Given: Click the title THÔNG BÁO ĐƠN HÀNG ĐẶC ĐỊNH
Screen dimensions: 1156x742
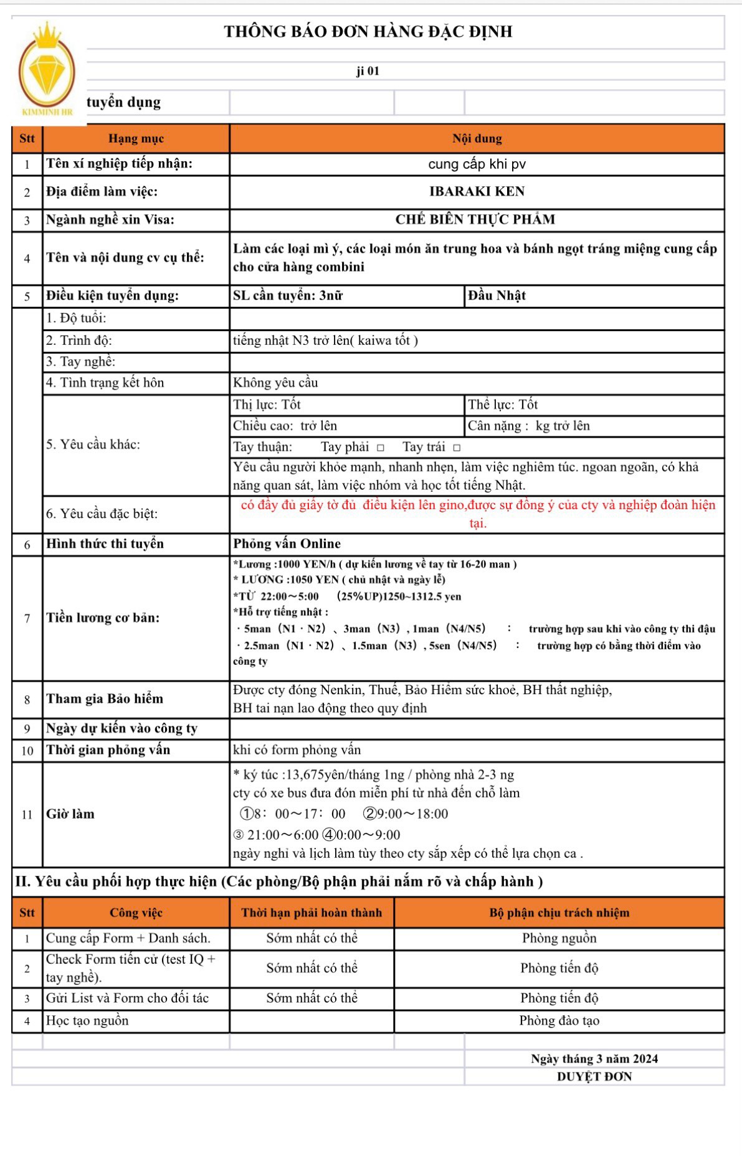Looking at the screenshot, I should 368,32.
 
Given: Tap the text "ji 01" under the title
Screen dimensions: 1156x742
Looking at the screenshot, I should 368,71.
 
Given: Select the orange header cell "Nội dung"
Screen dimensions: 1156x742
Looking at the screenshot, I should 477,139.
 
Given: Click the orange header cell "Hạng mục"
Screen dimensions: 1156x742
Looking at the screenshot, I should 136,139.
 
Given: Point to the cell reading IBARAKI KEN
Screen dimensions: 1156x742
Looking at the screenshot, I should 477,192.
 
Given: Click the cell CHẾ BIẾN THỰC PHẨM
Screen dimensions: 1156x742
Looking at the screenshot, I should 475,220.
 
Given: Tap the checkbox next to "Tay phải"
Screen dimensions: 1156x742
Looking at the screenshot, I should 381,448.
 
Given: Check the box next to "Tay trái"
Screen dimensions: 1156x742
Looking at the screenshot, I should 457,448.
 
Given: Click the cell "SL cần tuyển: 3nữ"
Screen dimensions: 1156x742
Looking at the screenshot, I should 288,296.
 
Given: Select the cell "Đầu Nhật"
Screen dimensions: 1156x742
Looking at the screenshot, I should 497,296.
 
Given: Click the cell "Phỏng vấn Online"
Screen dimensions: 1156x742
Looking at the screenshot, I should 287,544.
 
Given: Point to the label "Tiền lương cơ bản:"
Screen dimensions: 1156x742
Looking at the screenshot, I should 103,618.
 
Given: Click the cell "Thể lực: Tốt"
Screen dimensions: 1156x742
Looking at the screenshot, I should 503,405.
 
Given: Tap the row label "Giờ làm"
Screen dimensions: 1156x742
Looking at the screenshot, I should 70,814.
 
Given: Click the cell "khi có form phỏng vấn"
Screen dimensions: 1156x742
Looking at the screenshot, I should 297,750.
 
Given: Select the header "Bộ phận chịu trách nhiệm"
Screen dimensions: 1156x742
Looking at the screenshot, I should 559,913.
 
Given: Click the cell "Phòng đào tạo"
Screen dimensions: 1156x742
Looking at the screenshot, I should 559,1021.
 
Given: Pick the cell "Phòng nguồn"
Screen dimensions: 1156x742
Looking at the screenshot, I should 559,939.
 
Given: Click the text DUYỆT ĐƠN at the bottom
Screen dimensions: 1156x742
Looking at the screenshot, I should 594,1077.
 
